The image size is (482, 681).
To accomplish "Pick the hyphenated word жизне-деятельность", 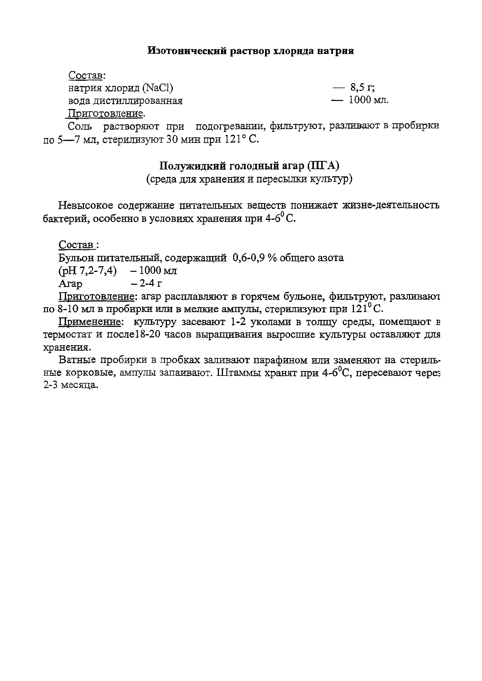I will [x=391, y=205].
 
